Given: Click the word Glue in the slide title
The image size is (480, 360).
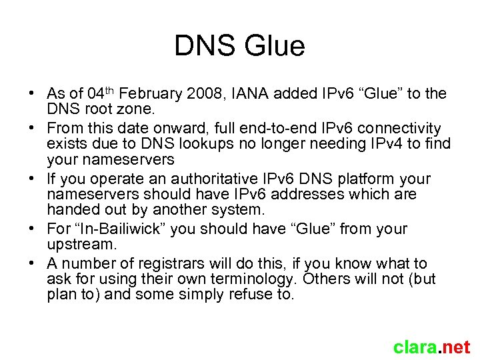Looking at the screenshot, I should point(275,46).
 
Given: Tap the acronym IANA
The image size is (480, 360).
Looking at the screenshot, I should point(257,94).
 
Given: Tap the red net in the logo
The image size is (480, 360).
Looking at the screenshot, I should point(455,347).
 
